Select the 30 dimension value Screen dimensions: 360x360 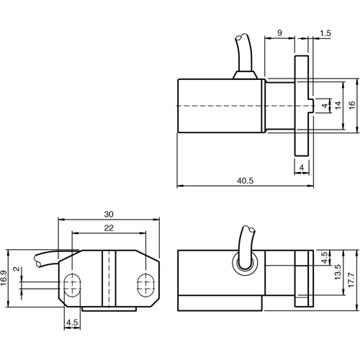point(109,214)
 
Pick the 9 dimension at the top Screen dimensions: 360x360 point(279,33)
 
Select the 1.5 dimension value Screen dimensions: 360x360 point(326,33)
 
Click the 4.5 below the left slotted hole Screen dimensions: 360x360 point(72,322)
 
